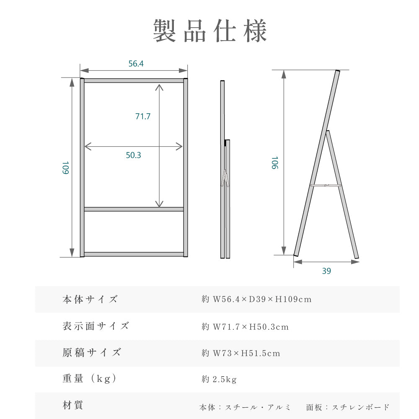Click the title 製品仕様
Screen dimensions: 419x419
(210, 31)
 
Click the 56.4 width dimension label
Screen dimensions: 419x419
(136, 64)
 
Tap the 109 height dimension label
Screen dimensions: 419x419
(65, 168)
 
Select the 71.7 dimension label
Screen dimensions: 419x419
(143, 116)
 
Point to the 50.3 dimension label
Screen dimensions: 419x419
(133, 155)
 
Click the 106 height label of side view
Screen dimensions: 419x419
(275, 163)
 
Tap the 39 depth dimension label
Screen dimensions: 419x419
(326, 271)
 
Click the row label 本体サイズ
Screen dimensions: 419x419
(90, 299)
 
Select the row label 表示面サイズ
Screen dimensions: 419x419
(96, 326)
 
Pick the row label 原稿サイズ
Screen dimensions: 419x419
(92, 352)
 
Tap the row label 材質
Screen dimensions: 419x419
(72, 405)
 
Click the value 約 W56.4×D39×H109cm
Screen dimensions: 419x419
(256, 299)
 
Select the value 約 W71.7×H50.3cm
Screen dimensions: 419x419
(245, 326)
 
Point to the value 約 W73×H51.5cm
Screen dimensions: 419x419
(241, 353)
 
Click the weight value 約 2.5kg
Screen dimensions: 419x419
(219, 379)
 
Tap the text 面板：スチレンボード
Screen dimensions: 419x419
(348, 407)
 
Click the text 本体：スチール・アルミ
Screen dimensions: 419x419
(245, 407)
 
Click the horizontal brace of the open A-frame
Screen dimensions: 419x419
(326, 185)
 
